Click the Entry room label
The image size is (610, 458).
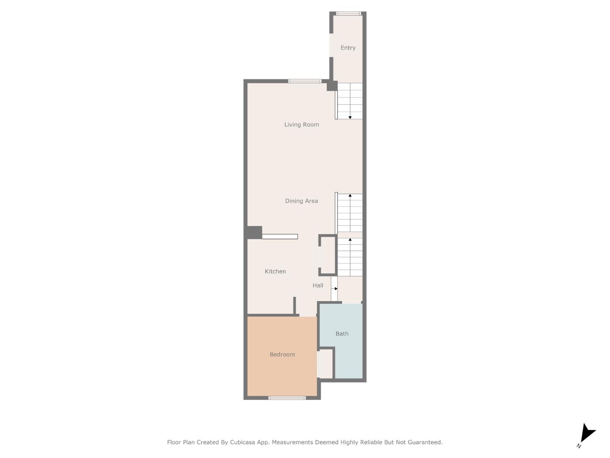[x=348, y=48]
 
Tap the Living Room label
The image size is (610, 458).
[x=301, y=125]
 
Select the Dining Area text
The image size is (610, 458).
[x=301, y=201]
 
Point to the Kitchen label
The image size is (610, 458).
[x=275, y=271]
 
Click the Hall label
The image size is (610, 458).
[x=318, y=285]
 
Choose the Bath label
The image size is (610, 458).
[x=342, y=334]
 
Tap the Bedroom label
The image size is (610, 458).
[x=282, y=355]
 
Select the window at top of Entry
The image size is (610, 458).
[x=348, y=14]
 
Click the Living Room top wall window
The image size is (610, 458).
[x=305, y=81]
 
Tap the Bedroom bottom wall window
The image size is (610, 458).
[x=287, y=398]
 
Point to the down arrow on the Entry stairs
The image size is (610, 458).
[x=350, y=117]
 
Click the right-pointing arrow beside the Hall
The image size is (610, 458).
[x=335, y=289]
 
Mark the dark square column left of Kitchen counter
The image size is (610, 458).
[x=254, y=232]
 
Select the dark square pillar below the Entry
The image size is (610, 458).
[x=332, y=86]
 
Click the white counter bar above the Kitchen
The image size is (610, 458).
[x=280, y=237]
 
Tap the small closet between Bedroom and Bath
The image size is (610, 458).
[x=325, y=363]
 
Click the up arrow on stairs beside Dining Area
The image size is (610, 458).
[x=350, y=196]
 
